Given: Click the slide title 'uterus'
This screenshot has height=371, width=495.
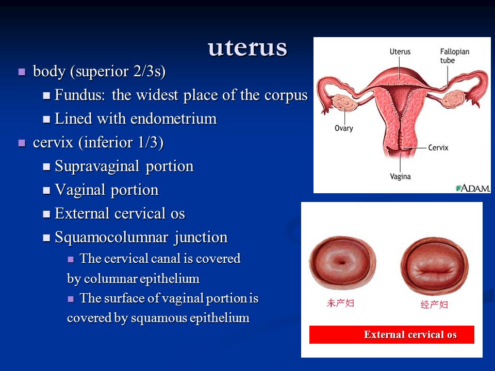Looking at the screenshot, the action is pyautogui.click(x=247, y=48).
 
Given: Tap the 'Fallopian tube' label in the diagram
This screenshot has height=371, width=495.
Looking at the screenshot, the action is pyautogui.click(x=455, y=56).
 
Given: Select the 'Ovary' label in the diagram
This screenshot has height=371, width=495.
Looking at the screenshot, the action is pyautogui.click(x=344, y=128).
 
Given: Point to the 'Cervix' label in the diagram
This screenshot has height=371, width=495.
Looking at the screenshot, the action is pyautogui.click(x=438, y=148).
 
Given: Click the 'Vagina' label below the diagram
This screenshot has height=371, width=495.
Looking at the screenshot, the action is pyautogui.click(x=400, y=176).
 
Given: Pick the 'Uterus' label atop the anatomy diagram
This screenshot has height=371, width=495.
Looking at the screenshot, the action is pyautogui.click(x=400, y=52).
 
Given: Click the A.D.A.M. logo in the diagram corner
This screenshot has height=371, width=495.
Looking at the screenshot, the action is pyautogui.click(x=473, y=189).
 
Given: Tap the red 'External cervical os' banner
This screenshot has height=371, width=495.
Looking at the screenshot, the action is pyautogui.click(x=392, y=334).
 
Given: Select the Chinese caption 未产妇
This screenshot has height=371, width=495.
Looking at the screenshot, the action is pyautogui.click(x=340, y=303).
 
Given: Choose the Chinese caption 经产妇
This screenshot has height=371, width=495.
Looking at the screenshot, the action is pyautogui.click(x=434, y=305).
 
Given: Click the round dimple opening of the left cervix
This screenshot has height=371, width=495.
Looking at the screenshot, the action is pyautogui.click(x=341, y=262).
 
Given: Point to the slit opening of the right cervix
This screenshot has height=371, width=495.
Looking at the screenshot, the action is pyautogui.click(x=434, y=271).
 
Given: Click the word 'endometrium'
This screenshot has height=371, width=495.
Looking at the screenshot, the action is pyautogui.click(x=174, y=119).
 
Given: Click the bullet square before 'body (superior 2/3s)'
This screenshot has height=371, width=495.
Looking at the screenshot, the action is pyautogui.click(x=22, y=72).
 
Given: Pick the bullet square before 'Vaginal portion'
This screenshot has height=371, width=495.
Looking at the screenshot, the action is pyautogui.click(x=46, y=191).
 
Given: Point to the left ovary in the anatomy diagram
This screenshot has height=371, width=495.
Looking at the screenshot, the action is pyautogui.click(x=345, y=102).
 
